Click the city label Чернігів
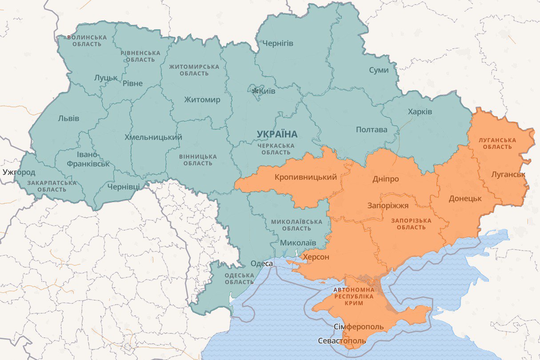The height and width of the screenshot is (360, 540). click(x=278, y=44)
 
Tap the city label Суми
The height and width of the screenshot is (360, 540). click(x=379, y=70)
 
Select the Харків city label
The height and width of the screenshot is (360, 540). click(x=420, y=112)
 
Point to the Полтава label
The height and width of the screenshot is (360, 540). click(x=372, y=130)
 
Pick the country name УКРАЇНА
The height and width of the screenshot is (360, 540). click(x=277, y=134)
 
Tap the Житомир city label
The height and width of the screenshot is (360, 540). click(x=202, y=100)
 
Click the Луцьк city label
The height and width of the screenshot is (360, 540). click(x=106, y=78)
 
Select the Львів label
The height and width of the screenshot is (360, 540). click(x=69, y=118)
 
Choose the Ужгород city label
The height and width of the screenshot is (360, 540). click(x=19, y=172)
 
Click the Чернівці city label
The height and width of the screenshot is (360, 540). click(x=124, y=187)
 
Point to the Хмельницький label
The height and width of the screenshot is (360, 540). click(x=153, y=137)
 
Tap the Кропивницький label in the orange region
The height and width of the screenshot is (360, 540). click(x=305, y=177)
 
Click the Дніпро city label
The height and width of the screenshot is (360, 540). click(x=385, y=179)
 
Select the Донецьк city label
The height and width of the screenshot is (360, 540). click(x=465, y=198)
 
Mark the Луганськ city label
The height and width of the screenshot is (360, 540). click(x=508, y=175)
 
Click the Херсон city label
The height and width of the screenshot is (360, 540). click(x=316, y=257)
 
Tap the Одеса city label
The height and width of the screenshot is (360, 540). click(x=261, y=264)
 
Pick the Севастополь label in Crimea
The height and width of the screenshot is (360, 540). click(x=342, y=341)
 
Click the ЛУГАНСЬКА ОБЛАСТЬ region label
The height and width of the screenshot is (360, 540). click(x=497, y=143)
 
